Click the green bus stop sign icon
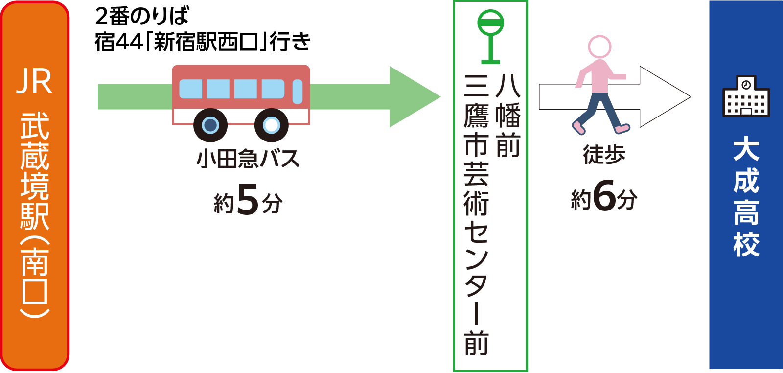point(491,37)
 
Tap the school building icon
point(746,96)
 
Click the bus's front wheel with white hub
point(271,125)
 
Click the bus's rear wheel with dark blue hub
point(210,125)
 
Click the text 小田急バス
point(248,159)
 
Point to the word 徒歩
point(604,155)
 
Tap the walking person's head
point(599,47)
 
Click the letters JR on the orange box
point(34,82)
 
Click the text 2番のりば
point(142,16)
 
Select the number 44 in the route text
point(129,42)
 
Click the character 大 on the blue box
point(746,150)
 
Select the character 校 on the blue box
point(746,244)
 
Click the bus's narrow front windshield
point(298,92)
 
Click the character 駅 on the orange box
point(34,216)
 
